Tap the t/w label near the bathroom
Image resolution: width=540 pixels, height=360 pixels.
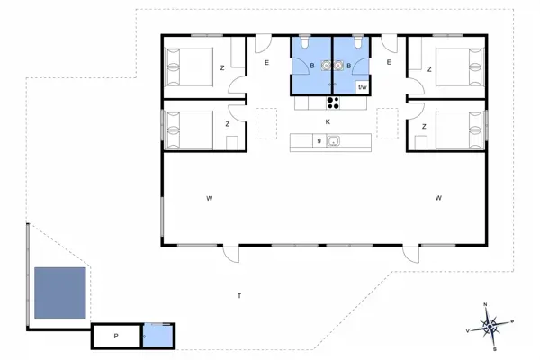pyautogui.click(x=363, y=87)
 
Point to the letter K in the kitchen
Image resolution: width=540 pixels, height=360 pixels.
pyautogui.click(x=328, y=121)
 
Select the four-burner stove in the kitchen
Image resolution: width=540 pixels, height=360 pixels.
pyautogui.click(x=332, y=101)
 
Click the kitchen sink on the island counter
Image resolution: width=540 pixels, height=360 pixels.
pyautogui.click(x=333, y=141)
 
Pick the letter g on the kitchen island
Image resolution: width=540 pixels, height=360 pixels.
pyautogui.click(x=319, y=141)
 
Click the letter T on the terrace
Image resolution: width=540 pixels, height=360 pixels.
pyautogui.click(x=238, y=296)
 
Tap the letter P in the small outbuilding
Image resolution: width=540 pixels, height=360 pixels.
pyautogui.click(x=116, y=336)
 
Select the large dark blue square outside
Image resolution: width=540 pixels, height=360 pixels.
pyautogui.click(x=59, y=293)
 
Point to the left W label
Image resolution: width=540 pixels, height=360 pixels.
pyautogui.click(x=208, y=198)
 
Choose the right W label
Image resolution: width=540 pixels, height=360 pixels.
pyautogui.click(x=438, y=198)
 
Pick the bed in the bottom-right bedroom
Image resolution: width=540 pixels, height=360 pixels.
pyautogui.click(x=460, y=129)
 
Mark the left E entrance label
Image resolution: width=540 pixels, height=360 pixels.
pyautogui.click(x=267, y=62)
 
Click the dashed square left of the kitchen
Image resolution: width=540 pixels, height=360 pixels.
pyautogui.click(x=267, y=122)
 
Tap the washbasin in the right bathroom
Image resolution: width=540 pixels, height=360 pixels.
pyautogui.click(x=341, y=65)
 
